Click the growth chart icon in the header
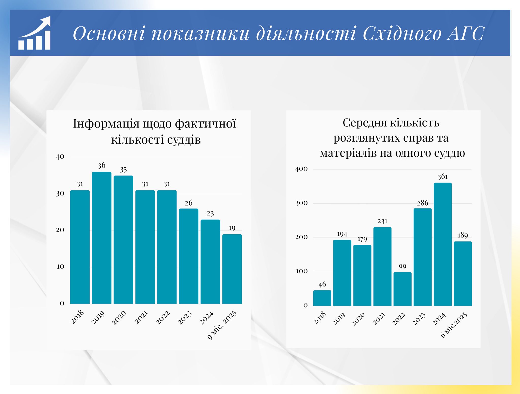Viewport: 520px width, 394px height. (35, 33)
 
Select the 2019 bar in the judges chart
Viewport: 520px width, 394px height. (102, 238)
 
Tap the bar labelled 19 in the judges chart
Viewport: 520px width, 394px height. (232, 269)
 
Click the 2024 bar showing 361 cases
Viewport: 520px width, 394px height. (443, 244)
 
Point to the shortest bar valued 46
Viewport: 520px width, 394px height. (322, 298)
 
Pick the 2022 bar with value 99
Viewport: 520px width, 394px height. (402, 289)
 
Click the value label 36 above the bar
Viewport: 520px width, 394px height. (102, 166)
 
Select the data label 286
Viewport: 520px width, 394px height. (422, 203)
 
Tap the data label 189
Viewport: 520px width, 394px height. (463, 235)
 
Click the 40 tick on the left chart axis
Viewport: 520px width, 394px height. (60, 157)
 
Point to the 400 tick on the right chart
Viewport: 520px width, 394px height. (301, 169)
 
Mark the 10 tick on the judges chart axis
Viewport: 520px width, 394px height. (60, 266)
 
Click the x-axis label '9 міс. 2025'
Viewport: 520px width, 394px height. (222, 325)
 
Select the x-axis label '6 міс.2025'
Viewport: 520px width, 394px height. (454, 325)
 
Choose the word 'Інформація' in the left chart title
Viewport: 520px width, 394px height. (106, 124)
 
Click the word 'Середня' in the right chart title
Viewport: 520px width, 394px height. (365, 123)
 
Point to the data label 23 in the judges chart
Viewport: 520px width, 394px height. (210, 214)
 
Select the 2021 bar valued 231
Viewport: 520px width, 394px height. (382, 267)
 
